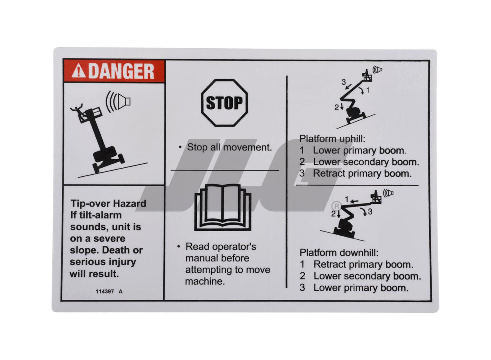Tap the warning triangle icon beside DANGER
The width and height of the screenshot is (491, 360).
point(78,72)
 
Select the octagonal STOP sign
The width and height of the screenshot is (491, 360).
point(224,103)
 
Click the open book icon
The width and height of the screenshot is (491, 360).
point(223,207)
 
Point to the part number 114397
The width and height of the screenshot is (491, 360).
point(104,292)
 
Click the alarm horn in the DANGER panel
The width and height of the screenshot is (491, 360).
point(118,101)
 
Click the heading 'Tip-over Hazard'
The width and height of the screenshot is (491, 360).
point(108,203)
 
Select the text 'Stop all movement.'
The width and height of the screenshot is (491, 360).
point(229,147)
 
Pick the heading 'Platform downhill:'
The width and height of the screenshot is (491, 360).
point(339,252)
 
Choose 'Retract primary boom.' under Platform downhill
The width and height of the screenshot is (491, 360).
point(363,265)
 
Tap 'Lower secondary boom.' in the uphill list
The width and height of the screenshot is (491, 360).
point(366,162)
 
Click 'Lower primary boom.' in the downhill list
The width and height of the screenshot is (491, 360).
point(361,288)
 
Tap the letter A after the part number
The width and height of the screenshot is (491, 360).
point(120,292)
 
